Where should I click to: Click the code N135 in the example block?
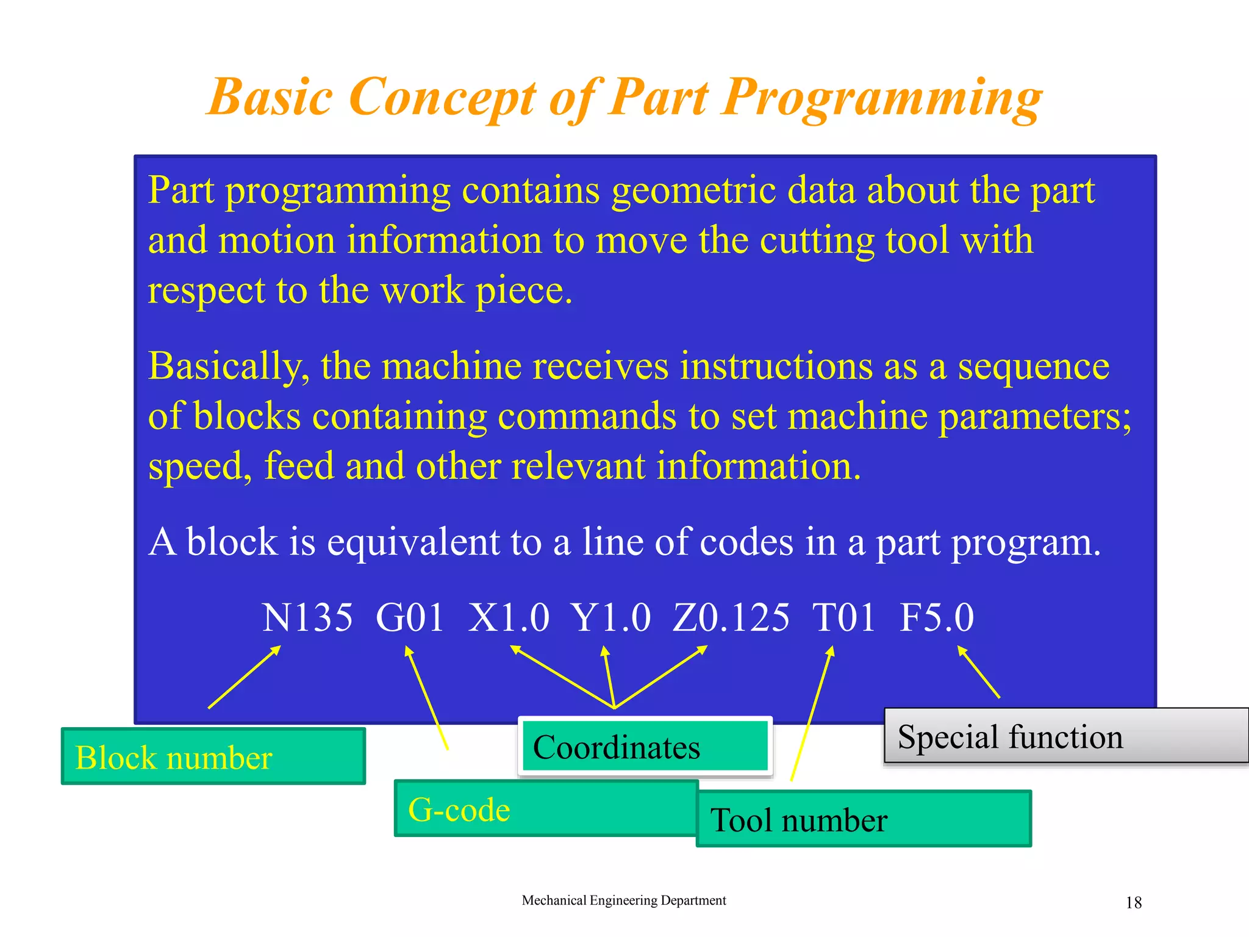pyautogui.click(x=307, y=617)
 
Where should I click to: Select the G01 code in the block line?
pyautogui.click(x=409, y=617)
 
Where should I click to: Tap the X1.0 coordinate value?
pyautogui.click(x=509, y=617)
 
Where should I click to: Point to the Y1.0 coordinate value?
pyautogui.click(x=610, y=617)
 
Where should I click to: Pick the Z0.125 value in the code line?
pyautogui.click(x=731, y=617)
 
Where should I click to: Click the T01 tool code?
pyautogui.click(x=843, y=617)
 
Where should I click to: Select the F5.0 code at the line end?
pyautogui.click(x=937, y=617)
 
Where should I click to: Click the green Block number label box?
pyautogui.click(x=213, y=756)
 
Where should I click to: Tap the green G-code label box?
pyautogui.click(x=546, y=808)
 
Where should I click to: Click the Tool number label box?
pyautogui.click(x=863, y=819)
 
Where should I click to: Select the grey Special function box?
pyautogui.click(x=1066, y=736)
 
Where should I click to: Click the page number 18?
pyautogui.click(x=1133, y=902)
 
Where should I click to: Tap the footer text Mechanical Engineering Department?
pyautogui.click(x=623, y=900)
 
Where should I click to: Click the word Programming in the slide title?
pyautogui.click(x=882, y=98)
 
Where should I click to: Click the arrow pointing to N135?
pyautogui.click(x=244, y=677)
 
